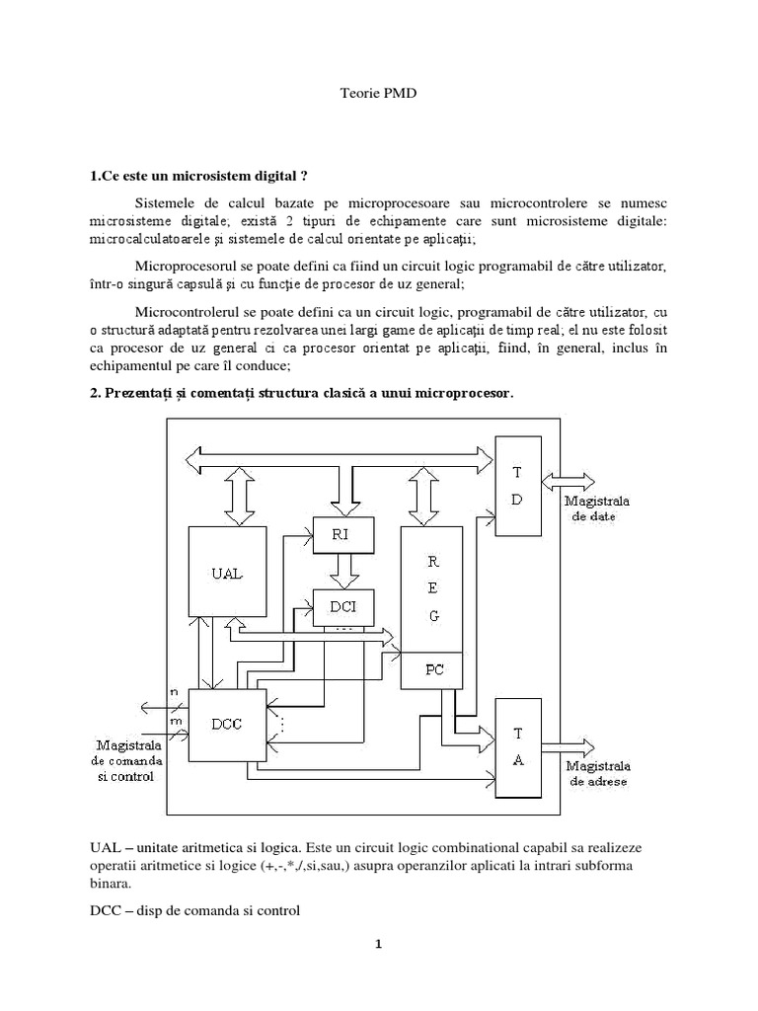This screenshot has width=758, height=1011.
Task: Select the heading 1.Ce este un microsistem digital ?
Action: point(198,177)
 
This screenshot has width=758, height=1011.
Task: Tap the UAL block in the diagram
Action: point(226,574)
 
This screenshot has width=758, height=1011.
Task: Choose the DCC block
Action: point(227,725)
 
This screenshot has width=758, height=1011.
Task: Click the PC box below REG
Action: point(432,670)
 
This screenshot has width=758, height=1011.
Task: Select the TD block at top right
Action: point(516,486)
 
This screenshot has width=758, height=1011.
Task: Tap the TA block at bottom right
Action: point(517,747)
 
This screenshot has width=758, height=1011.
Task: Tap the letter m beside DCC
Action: point(177,722)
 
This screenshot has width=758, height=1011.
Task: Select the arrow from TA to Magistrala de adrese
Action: point(568,745)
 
